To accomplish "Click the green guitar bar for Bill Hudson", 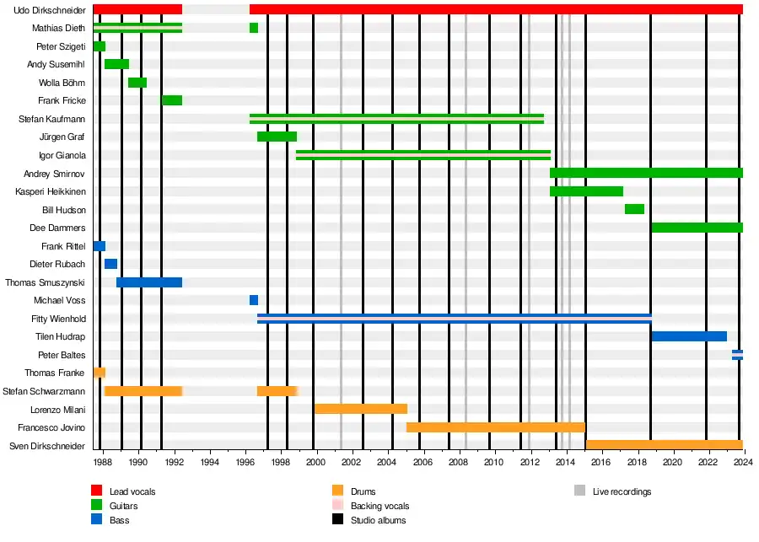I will [634, 209].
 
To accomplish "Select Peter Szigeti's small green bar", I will [100, 46].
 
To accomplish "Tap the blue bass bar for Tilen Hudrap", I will [688, 336].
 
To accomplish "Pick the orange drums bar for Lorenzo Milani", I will [361, 409].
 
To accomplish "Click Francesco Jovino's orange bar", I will [495, 427].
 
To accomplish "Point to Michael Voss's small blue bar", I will [254, 300].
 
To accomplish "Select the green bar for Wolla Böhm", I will [137, 83].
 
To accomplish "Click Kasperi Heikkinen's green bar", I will [586, 191].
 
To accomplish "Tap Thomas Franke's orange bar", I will [100, 373].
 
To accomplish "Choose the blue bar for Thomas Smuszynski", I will [149, 282].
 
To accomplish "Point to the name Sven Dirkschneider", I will [47, 445].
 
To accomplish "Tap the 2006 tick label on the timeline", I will [423, 463].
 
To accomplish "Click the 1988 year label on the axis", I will [102, 463].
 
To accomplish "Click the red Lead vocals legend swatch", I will [97, 491].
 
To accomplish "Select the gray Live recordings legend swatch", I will [580, 491].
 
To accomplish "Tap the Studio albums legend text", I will [379, 520].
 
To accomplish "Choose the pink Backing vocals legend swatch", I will [338, 506].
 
